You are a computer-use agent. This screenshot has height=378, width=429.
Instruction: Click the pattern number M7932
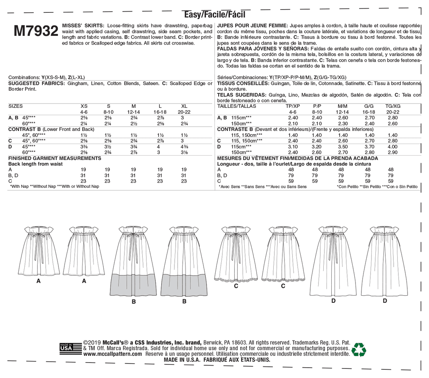click(36, 31)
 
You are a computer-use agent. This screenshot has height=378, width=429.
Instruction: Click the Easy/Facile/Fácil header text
click(214, 15)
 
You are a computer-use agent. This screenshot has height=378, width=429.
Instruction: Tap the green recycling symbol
click(359, 349)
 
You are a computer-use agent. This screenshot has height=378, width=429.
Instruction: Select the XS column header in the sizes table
click(84, 107)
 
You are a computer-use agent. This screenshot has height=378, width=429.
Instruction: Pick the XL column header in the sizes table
click(184, 107)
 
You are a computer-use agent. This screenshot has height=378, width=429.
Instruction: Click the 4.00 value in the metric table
click(392, 147)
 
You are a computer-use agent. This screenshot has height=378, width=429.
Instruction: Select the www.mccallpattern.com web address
click(113, 354)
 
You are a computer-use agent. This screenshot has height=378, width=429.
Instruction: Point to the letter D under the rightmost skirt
click(385, 301)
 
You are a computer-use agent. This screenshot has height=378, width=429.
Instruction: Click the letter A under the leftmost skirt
click(39, 281)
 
